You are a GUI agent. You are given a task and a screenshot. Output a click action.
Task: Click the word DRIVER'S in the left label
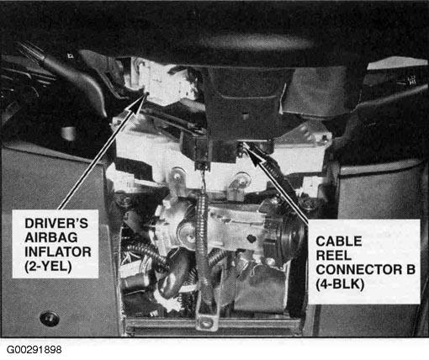click(x=56, y=224)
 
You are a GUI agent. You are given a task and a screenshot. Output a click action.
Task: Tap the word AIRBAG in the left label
click(x=51, y=238)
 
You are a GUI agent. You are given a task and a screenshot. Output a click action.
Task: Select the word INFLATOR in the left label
click(x=58, y=251)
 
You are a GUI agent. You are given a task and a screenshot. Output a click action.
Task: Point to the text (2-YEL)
click(x=48, y=267)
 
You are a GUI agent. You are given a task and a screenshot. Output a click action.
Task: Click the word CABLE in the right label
click(x=339, y=241)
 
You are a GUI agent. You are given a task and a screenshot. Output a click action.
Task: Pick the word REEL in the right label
click(x=333, y=256)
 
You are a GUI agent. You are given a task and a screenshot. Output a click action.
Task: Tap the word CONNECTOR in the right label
click(x=359, y=270)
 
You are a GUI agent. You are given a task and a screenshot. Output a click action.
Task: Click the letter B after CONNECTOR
click(x=410, y=270)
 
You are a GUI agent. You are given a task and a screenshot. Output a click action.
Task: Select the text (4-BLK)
click(x=340, y=284)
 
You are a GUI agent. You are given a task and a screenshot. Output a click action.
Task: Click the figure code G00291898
click(x=34, y=350)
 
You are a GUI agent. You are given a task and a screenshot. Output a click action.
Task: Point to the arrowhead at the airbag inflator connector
click(x=140, y=103)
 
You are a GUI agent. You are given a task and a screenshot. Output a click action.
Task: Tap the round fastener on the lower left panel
click(x=50, y=319)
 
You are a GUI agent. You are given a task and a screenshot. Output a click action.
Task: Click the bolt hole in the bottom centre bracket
click(x=207, y=322)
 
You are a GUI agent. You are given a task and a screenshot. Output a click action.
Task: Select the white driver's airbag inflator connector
click(x=162, y=82)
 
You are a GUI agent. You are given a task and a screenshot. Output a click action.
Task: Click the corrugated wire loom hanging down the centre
click(x=204, y=246)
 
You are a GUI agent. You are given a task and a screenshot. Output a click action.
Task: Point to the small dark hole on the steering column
click(x=252, y=239)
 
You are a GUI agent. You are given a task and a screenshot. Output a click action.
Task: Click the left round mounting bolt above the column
click(x=177, y=176)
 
